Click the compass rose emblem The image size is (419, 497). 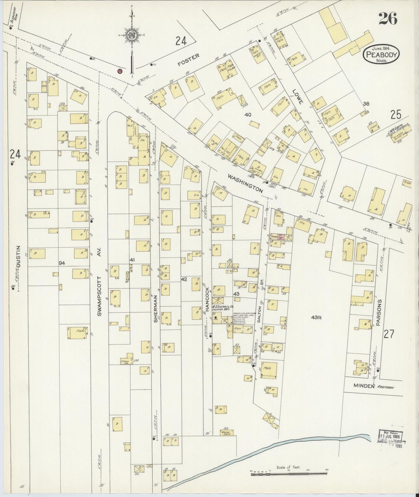(132, 35)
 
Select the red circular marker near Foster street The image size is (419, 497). (119, 71)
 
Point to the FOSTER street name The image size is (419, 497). (189, 60)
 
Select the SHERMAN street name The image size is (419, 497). (156, 309)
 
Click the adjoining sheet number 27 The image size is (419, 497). (389, 334)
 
